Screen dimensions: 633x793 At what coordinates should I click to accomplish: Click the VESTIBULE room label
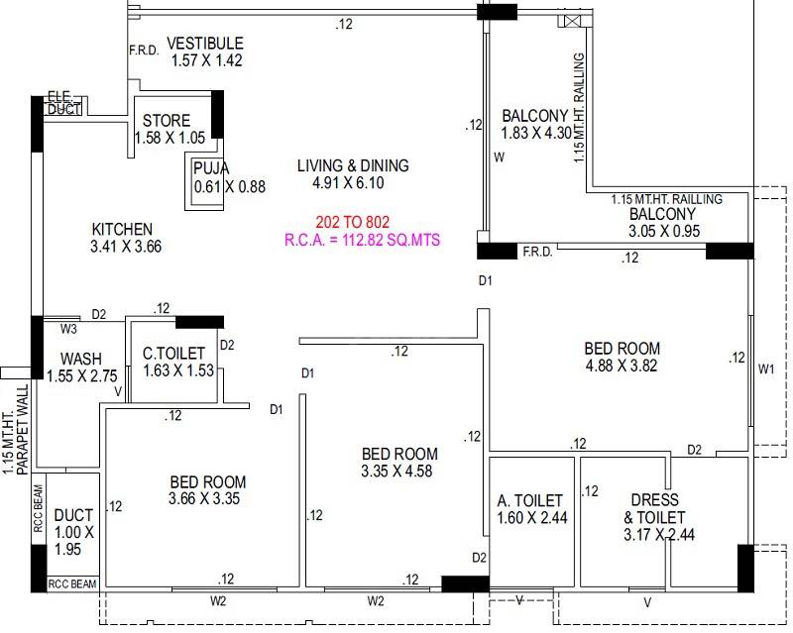(204, 43)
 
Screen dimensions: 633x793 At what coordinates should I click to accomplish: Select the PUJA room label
(211, 167)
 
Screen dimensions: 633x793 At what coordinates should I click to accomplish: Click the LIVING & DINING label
(352, 166)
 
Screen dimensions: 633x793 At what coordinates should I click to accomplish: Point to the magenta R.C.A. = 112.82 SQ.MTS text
(362, 240)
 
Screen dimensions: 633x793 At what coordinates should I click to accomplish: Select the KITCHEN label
(122, 228)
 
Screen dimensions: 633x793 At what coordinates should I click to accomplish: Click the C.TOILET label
(173, 353)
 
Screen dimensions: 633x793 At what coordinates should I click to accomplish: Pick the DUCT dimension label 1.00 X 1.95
(73, 541)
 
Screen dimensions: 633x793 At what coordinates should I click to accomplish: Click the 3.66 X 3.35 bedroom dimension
(207, 498)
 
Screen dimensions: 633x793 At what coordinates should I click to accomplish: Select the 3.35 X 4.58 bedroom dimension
(398, 472)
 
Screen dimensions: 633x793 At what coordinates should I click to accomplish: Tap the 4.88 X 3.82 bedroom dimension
(622, 365)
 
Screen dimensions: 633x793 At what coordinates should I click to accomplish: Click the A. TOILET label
(530, 501)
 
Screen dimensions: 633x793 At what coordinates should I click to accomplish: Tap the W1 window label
(765, 369)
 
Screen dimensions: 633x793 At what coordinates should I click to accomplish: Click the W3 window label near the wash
(67, 328)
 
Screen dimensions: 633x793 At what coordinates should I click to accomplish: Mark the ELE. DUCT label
(64, 103)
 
